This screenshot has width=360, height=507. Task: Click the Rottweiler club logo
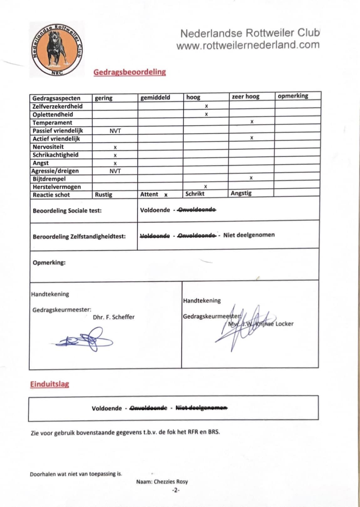(57, 49)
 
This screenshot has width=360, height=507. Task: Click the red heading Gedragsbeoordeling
(130, 72)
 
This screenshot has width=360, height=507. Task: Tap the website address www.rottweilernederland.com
(248, 45)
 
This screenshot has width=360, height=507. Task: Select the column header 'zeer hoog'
(245, 96)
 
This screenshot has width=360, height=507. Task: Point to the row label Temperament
(52, 123)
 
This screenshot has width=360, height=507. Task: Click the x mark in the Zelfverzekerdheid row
(206, 106)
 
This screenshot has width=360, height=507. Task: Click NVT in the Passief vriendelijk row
(115, 131)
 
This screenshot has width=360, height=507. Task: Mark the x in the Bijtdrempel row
(251, 178)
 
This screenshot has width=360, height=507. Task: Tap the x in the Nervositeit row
(115, 147)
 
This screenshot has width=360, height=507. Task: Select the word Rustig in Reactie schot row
(104, 194)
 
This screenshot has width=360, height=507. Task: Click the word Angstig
(241, 193)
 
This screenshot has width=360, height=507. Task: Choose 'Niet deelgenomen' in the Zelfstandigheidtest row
(249, 235)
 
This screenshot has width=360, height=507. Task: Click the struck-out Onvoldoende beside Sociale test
(197, 210)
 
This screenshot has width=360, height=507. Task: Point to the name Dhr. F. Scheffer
(114, 317)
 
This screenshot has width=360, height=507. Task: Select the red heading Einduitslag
(49, 384)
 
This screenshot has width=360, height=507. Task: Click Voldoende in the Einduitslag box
(107, 408)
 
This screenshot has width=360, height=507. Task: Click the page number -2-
(175, 490)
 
